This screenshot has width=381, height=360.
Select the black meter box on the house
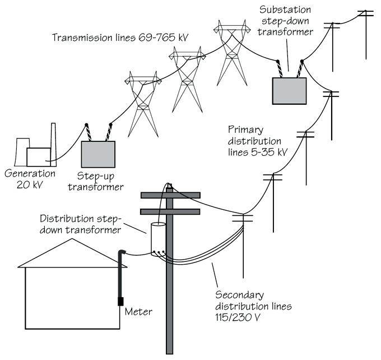[x=120, y=301]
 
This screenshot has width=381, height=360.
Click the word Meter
[x=138, y=310]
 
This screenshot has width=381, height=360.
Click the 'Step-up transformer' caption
[x=95, y=182]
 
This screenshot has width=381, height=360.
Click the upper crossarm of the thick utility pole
[x=170, y=195]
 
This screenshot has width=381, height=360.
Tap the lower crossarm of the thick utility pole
[x=170, y=212]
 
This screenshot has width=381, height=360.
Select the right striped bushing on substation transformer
[x=299, y=68]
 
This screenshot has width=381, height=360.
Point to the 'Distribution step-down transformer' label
[x=83, y=224]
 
